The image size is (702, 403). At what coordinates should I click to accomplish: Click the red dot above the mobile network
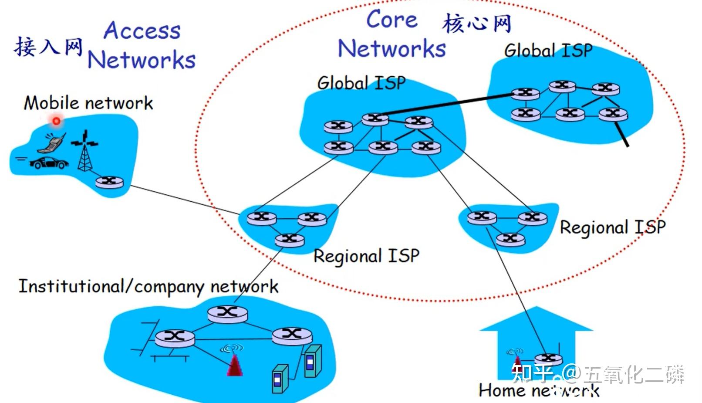[x=57, y=121]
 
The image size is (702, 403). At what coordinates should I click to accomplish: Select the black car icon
[x=49, y=163]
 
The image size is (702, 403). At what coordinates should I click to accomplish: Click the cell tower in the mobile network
[x=84, y=151]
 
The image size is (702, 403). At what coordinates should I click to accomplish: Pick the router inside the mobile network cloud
[x=109, y=182]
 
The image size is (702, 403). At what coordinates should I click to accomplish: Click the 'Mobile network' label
[x=88, y=103]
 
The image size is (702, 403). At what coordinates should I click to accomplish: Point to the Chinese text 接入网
[x=48, y=47]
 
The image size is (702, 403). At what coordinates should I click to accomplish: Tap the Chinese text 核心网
[x=477, y=23]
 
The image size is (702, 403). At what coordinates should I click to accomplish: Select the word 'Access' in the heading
[x=142, y=30]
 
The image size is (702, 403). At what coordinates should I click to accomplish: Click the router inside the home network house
[x=548, y=359]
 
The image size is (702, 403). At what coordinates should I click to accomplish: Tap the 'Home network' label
[x=539, y=390]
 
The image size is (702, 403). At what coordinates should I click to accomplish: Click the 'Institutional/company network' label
[x=148, y=286]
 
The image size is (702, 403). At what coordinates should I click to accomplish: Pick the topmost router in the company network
[x=227, y=314]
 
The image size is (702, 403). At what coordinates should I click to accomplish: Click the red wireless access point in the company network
[x=234, y=364]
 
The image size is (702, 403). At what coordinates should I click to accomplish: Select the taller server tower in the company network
[x=313, y=361]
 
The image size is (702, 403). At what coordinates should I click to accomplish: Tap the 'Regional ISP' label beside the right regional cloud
[x=613, y=227]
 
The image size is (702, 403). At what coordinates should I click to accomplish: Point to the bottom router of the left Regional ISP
[x=290, y=240]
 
